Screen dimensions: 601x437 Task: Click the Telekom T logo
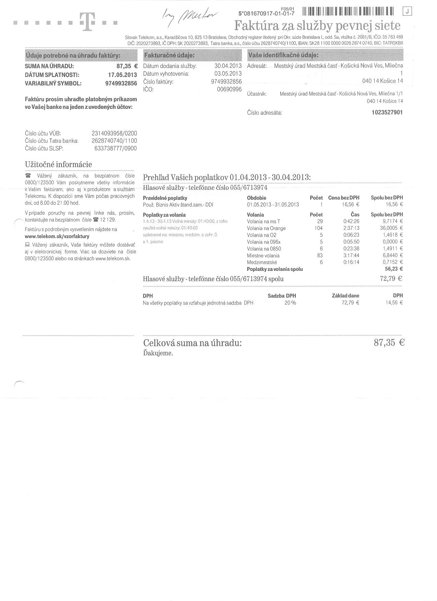click(x=88, y=22)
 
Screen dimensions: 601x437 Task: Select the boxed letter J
click(x=408, y=11)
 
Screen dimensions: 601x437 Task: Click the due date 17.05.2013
click(x=122, y=75)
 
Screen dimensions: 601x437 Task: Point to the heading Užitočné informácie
click(x=58, y=164)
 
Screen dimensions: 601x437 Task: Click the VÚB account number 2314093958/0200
click(x=114, y=133)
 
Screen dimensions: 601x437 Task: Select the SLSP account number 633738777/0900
click(x=116, y=148)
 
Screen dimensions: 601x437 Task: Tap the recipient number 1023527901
click(x=387, y=112)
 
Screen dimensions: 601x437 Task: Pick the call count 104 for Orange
click(x=318, y=228)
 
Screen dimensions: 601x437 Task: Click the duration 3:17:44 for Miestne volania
click(x=351, y=255)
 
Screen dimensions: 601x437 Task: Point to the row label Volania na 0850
click(x=264, y=249)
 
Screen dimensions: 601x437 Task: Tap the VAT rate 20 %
click(x=290, y=303)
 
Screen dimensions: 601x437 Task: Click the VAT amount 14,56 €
click(x=394, y=303)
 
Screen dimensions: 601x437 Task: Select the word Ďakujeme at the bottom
click(x=158, y=353)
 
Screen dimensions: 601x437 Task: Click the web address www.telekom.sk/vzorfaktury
click(x=57, y=236)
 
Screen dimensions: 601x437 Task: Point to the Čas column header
click(x=355, y=215)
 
